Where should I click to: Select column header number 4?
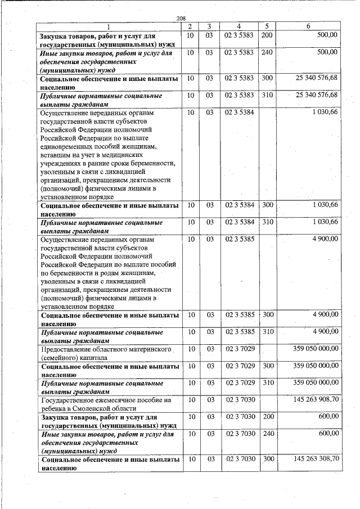point(239,27)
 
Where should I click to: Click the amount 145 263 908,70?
point(316,400)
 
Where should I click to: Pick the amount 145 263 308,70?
point(316,459)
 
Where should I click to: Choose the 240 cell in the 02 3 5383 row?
point(267,52)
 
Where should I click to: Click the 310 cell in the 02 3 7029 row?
point(267,382)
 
